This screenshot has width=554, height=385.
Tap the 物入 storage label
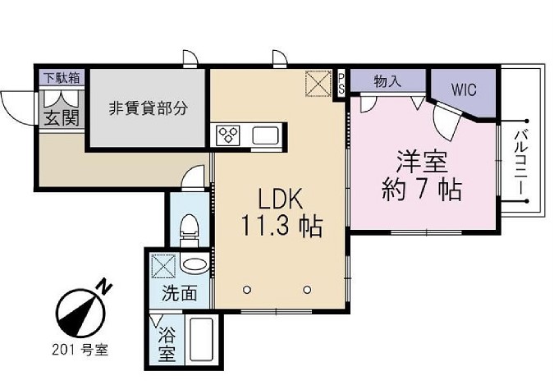tap(387, 81)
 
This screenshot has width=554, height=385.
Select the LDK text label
tap(282, 199)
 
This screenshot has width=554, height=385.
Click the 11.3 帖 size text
tap(282, 224)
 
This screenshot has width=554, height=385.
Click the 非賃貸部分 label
tap(149, 108)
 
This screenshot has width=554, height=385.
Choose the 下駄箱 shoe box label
tap(62, 79)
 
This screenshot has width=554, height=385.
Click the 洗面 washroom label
tap(178, 293)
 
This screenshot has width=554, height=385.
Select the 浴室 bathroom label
tap(167, 346)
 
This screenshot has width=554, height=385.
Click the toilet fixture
tap(189, 226)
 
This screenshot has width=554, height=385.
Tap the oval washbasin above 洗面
tap(195, 265)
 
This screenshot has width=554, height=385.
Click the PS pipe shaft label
tap(341, 83)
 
